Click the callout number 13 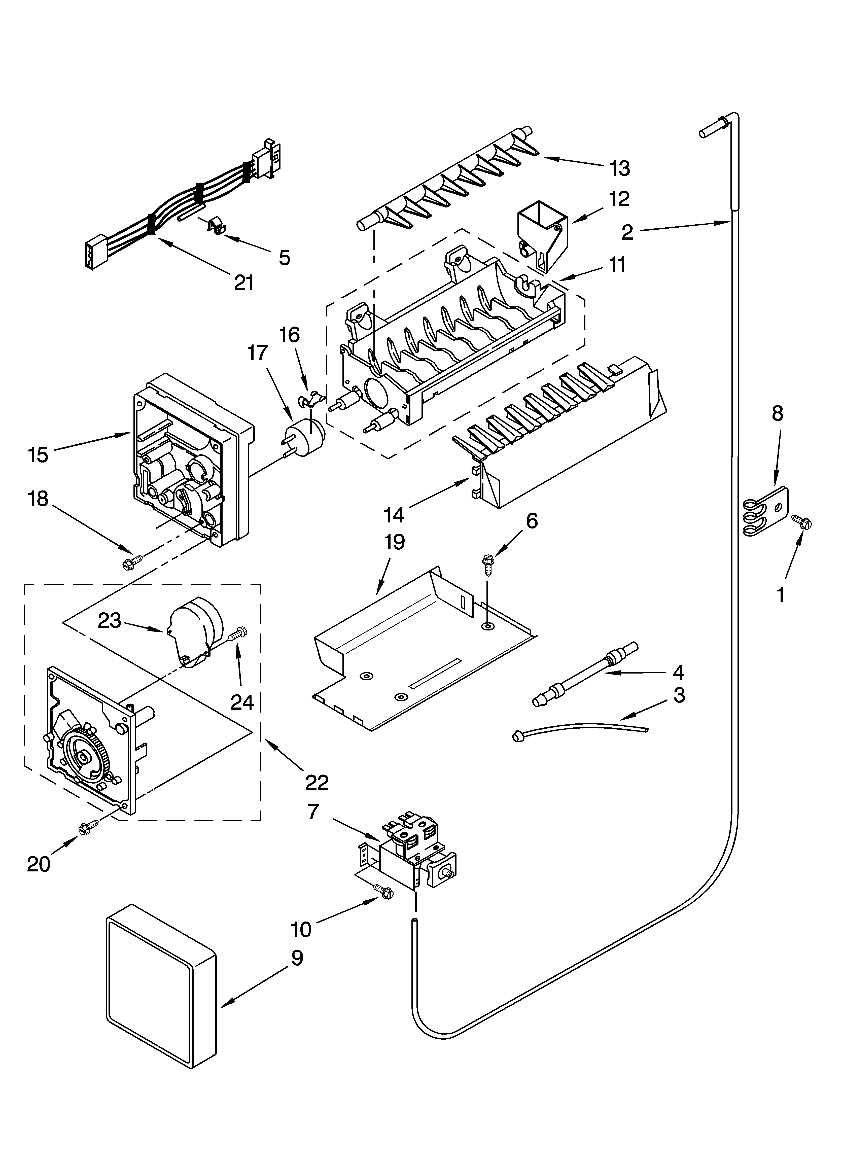pyautogui.click(x=620, y=168)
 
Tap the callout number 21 pyautogui.click(x=244, y=282)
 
